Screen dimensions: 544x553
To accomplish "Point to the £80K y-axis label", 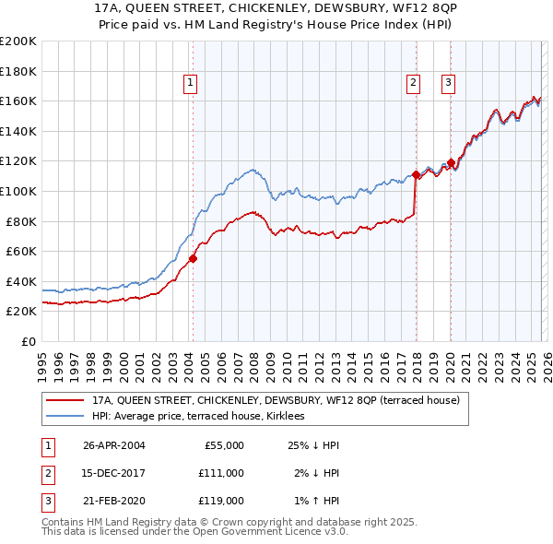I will (21, 221).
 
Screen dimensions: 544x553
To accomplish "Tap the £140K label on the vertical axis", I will (18, 131).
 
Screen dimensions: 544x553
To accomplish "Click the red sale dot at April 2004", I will (194, 259).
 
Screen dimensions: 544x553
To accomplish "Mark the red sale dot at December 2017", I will (416, 174).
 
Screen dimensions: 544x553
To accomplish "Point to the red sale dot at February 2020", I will (451, 163).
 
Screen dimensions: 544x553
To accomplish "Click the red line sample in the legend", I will (65, 401).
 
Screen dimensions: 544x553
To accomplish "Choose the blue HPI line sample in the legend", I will (65, 417).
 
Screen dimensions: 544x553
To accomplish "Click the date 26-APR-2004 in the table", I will (113, 445).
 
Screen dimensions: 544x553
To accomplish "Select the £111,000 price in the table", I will (221, 473).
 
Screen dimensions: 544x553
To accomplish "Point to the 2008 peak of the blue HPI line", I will (252, 170).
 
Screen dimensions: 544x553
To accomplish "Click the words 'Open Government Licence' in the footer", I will (248, 532).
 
